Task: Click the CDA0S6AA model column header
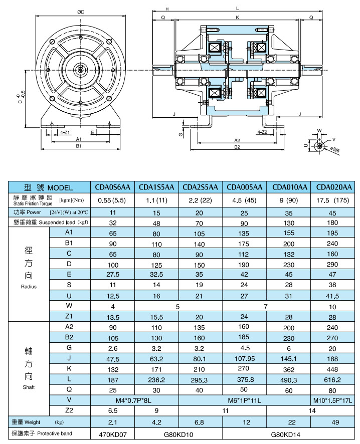(112, 187)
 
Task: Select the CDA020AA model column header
(333, 187)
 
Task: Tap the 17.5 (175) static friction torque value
(333, 200)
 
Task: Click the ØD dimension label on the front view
(81, 11)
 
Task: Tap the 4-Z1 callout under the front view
(64, 132)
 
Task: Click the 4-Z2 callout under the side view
(261, 132)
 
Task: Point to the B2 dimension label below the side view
(237, 147)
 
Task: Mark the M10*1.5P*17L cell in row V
(333, 399)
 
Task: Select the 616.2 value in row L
(333, 378)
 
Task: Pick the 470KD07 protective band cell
(112, 434)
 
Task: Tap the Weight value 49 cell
(333, 422)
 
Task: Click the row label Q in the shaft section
(69, 389)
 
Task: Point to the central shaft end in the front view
(81, 70)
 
